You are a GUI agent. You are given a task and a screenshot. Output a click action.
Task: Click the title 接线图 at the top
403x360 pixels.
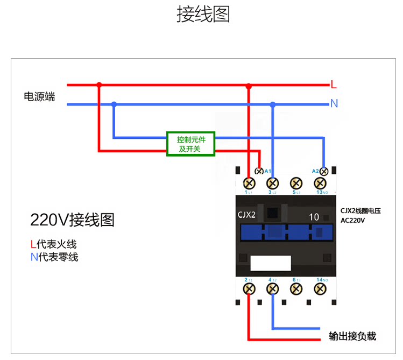(203, 15)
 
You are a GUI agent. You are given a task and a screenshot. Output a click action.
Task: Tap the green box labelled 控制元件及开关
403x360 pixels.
(190, 144)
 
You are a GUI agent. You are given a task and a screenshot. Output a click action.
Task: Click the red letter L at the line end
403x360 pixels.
(334, 84)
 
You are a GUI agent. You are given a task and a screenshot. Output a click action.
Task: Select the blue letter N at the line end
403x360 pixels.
(334, 103)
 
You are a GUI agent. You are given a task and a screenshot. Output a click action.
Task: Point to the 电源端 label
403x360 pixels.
(39, 97)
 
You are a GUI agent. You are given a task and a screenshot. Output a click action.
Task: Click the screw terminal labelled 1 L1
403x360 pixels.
(249, 182)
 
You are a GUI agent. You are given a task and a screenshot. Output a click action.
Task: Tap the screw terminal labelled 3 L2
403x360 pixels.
(272, 182)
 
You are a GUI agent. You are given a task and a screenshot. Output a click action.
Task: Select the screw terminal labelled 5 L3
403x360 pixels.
(295, 182)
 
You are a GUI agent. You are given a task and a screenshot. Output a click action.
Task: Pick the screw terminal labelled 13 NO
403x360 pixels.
(321, 182)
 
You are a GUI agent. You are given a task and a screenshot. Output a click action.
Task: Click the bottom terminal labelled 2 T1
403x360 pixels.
(249, 288)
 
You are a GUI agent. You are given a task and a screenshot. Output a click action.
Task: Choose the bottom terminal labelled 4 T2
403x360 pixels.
(272, 288)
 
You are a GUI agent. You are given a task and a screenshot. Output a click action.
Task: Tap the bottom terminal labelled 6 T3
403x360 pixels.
(295, 288)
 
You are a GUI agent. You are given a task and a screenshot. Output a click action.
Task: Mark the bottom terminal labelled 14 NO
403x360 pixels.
(321, 288)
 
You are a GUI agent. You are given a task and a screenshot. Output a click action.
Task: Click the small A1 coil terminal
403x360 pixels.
(259, 171)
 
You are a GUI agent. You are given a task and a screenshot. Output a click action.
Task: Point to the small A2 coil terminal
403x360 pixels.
(324, 171)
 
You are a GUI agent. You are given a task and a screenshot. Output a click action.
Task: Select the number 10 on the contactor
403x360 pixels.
(314, 217)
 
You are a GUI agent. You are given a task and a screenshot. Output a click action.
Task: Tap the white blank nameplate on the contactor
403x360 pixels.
(271, 263)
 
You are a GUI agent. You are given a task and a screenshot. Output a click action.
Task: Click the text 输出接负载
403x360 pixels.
(352, 337)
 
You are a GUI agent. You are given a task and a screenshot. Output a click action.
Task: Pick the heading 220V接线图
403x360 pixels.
(72, 220)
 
